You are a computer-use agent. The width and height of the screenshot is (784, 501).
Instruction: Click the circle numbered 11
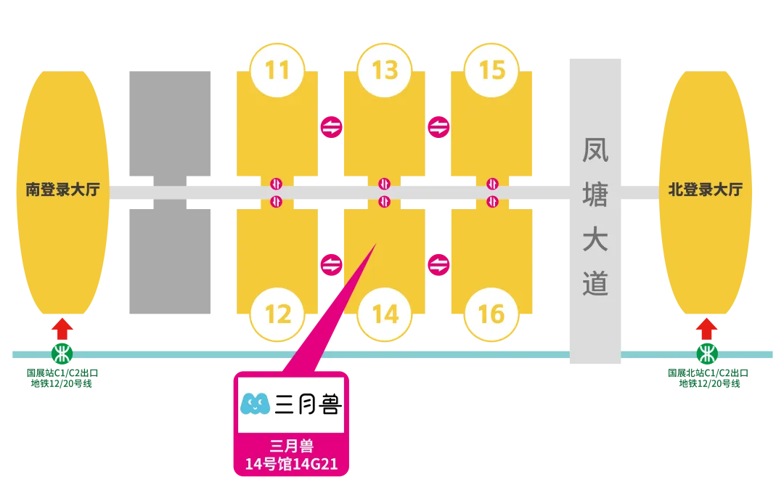277,70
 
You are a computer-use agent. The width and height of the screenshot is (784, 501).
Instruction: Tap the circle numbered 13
385,70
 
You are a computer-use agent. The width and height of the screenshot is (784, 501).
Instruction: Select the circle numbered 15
491,70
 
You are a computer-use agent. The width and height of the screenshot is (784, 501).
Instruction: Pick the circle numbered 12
277,314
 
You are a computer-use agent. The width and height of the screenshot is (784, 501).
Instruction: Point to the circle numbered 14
385,314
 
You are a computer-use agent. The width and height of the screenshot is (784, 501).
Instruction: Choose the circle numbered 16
491,314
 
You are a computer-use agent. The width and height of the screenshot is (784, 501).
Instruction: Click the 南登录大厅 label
62,190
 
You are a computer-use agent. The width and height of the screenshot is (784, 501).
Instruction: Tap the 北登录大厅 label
705,190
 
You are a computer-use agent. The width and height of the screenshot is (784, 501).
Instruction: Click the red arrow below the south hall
62,328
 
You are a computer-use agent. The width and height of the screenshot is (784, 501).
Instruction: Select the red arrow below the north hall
706,328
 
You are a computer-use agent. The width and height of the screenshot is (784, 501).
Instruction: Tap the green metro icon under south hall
62,354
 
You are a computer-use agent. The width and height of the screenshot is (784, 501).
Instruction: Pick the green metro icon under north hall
706,354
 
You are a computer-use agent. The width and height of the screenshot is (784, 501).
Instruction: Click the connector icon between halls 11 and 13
331,127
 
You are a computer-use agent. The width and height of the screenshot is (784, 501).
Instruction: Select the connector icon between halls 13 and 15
438,127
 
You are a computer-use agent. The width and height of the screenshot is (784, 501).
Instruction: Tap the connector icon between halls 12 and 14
331,264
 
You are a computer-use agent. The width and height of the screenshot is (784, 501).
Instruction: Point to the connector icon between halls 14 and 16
438,264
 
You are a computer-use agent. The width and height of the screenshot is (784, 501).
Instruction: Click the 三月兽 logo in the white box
290,404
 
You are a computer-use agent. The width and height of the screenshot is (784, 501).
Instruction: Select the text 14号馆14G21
291,464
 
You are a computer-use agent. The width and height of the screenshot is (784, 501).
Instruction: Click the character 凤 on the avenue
595,150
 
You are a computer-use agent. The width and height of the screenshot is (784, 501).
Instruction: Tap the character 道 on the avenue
595,285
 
